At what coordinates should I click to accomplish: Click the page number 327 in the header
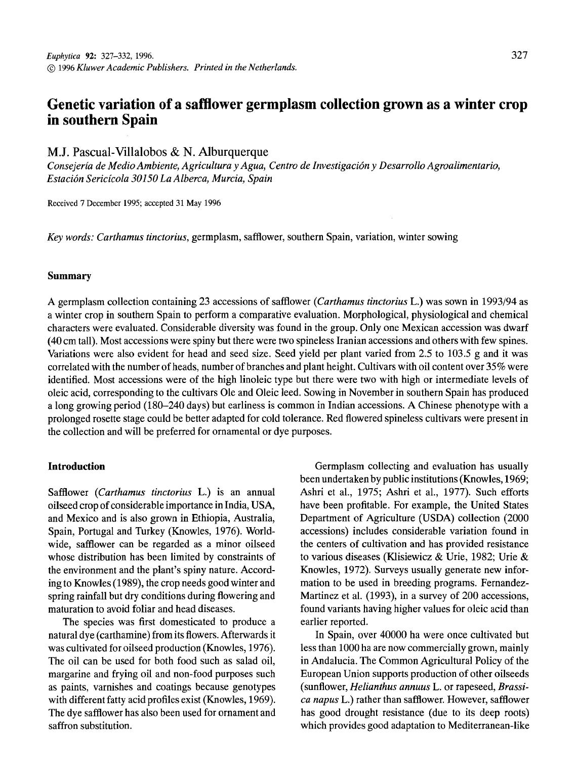coord(519,56)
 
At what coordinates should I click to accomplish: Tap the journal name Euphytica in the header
coord(61,57)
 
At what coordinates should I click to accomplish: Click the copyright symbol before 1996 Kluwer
coord(51,68)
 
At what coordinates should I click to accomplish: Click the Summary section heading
coord(69,276)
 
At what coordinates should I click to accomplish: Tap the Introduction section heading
coord(76,466)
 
